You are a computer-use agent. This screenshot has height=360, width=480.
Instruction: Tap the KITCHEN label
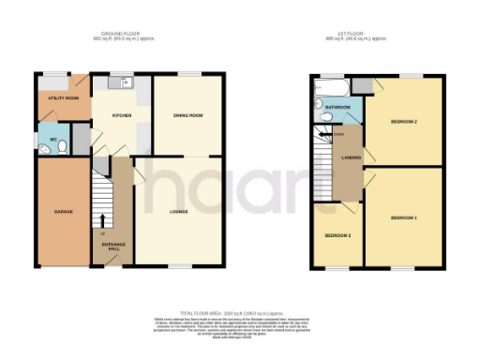tap(121, 115)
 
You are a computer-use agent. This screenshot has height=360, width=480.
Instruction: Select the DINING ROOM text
tap(187, 115)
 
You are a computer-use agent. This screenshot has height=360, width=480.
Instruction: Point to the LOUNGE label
tap(179, 211)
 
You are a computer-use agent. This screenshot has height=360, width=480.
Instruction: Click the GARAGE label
tap(50, 211)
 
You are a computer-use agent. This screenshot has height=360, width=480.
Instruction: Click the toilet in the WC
tap(43, 144)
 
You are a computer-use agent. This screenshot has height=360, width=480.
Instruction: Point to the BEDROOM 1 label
tap(403, 217)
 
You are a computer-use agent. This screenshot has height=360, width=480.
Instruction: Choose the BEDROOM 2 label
tap(403, 122)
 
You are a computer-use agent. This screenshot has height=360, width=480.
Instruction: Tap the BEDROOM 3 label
tap(338, 234)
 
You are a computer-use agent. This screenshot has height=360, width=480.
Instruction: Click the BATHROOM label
tap(337, 108)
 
